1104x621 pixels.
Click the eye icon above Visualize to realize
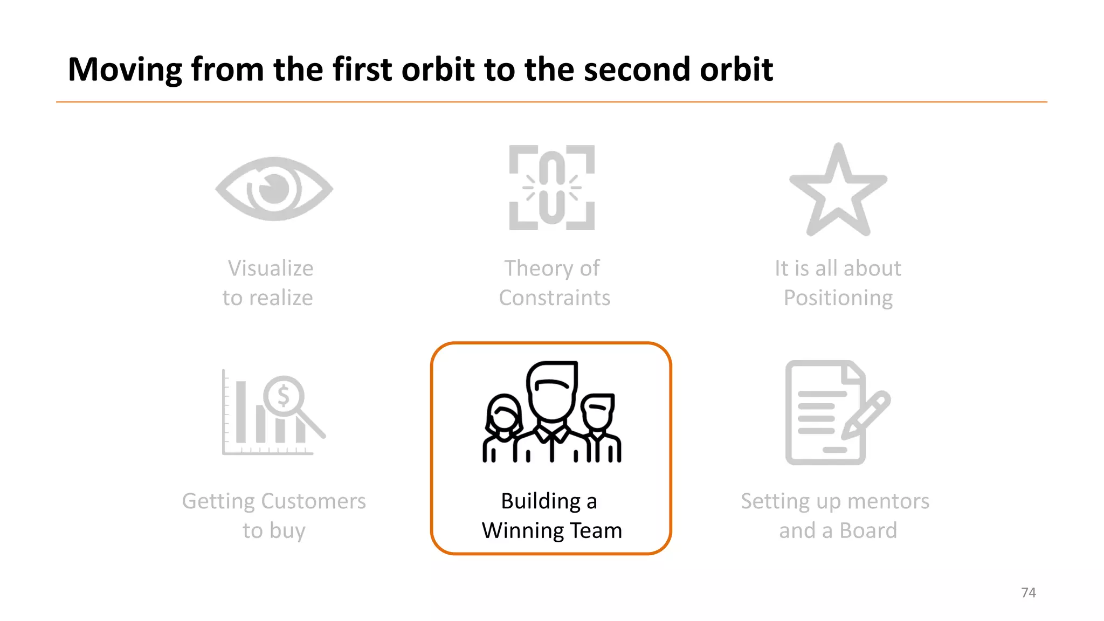click(274, 189)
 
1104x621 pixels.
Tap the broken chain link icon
click(551, 188)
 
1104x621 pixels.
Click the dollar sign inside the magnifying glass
click(284, 396)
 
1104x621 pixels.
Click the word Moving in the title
click(125, 70)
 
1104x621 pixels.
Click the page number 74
click(1028, 593)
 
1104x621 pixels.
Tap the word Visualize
click(270, 268)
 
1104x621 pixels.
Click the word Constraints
click(554, 298)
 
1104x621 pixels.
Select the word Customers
click(314, 501)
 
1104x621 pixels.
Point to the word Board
click(868, 531)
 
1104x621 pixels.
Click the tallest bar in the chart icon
click(241, 412)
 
